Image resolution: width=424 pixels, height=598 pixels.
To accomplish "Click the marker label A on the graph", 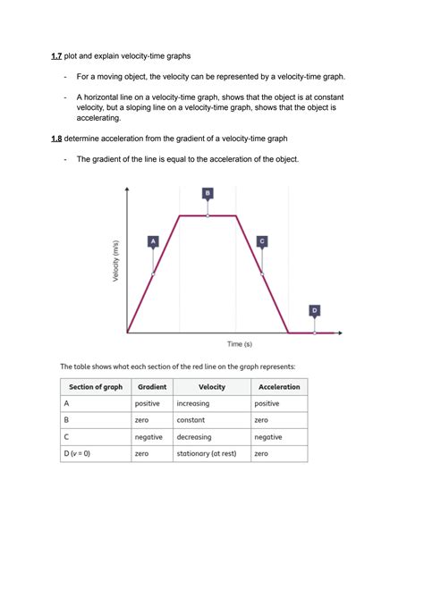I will coord(153,240).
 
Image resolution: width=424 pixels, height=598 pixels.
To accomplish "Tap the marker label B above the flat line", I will coord(208,192).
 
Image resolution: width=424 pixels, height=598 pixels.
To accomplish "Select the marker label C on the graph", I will coord(261,240).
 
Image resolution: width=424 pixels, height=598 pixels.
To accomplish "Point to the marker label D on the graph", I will coord(315,310).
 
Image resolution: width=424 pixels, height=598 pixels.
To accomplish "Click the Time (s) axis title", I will coord(239,343).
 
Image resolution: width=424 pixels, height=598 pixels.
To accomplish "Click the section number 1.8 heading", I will coord(55,139).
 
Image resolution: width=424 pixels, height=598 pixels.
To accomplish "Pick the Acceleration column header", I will coord(279,387).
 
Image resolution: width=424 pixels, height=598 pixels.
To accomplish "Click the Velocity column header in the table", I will coord(212,387).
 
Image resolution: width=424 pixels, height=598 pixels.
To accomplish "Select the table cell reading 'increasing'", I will coord(194,404).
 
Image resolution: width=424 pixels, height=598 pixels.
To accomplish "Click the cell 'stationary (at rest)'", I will coord(207,454).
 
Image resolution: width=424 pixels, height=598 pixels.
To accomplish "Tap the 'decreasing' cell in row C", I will coord(196,437).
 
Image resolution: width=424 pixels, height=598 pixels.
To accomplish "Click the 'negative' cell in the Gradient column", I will coord(149,437).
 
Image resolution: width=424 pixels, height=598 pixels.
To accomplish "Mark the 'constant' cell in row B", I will coord(191,420).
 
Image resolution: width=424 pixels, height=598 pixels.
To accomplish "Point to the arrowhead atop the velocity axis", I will coord(128,189).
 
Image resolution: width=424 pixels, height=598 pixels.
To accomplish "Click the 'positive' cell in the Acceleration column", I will coord(267,404).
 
